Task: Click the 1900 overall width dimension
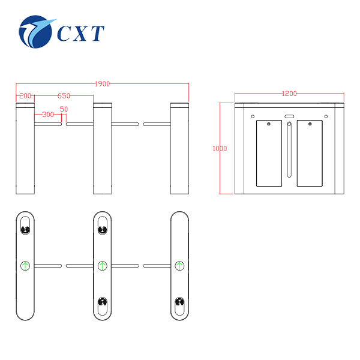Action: (x=103, y=84)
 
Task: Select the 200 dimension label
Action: (x=25, y=96)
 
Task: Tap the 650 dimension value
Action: (x=64, y=96)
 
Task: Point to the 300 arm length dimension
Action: (x=48, y=115)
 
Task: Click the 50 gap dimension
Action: (x=64, y=109)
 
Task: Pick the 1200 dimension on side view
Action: (x=289, y=94)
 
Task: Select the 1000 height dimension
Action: (x=220, y=149)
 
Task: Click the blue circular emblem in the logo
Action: (x=35, y=32)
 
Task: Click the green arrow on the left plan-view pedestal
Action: (x=25, y=266)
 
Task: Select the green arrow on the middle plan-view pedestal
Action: (x=103, y=266)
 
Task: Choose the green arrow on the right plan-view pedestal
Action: (x=179, y=266)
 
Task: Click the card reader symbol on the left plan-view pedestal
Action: (x=25, y=229)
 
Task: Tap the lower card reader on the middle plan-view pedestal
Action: (x=103, y=302)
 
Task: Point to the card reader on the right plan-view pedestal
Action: (x=179, y=302)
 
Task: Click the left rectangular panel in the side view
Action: (x=269, y=153)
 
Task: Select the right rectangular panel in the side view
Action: (x=310, y=153)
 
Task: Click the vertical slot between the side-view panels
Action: (x=289, y=149)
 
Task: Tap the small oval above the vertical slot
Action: (x=289, y=116)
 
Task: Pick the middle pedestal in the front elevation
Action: (x=103, y=149)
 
